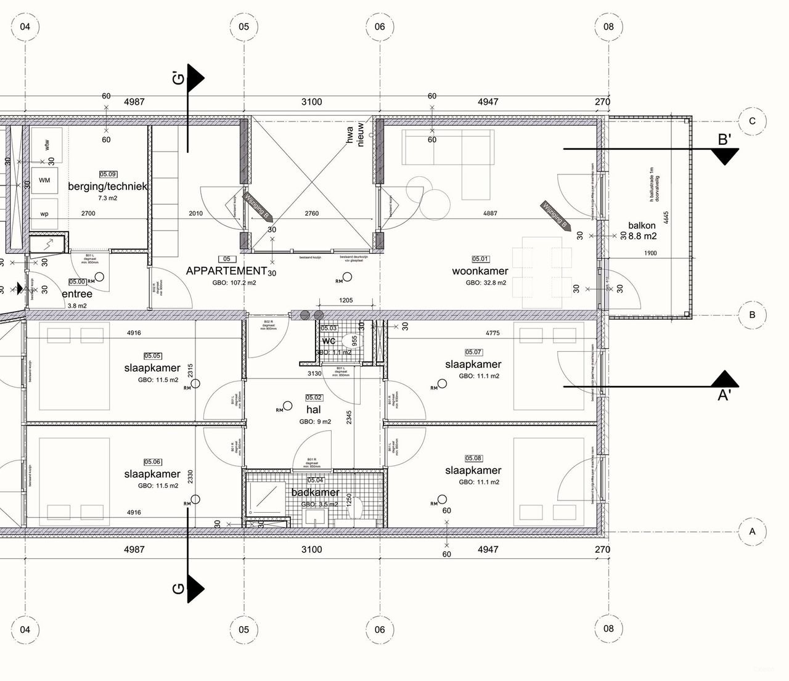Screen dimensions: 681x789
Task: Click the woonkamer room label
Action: click(x=480, y=271)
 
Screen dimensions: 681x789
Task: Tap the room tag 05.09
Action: click(x=108, y=174)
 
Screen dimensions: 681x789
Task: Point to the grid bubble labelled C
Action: click(x=751, y=121)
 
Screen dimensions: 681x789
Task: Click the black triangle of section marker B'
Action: click(x=726, y=157)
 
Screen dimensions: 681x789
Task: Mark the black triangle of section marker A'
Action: click(x=725, y=379)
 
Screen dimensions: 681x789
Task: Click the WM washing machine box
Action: click(x=44, y=180)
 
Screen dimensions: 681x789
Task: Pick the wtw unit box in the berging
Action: click(x=46, y=144)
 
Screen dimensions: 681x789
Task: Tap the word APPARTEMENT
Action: click(x=226, y=271)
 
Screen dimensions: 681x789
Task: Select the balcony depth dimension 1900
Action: click(x=650, y=253)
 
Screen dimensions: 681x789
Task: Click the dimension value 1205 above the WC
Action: click(x=346, y=300)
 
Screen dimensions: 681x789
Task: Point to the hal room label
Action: click(x=313, y=410)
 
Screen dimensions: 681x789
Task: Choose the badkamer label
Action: click(x=315, y=492)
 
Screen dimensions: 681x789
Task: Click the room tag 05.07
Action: click(x=473, y=353)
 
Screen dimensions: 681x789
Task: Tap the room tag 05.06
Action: click(x=152, y=462)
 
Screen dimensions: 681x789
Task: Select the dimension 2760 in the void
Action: click(x=312, y=214)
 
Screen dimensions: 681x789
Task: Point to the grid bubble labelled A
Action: click(x=751, y=531)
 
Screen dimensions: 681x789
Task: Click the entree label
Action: click(x=77, y=295)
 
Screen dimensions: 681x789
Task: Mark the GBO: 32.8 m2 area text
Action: click(x=486, y=283)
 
